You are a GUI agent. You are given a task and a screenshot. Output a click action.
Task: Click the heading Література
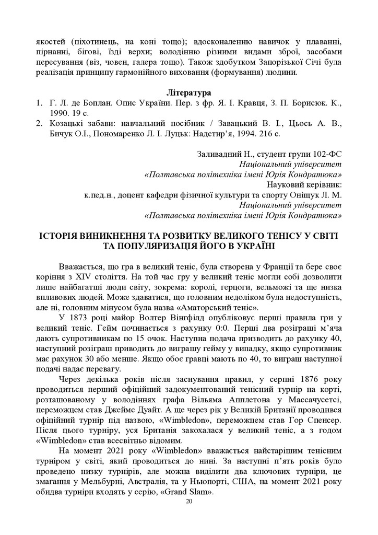[x=188, y=92]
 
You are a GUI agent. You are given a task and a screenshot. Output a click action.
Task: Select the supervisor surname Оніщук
[x=306, y=195]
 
